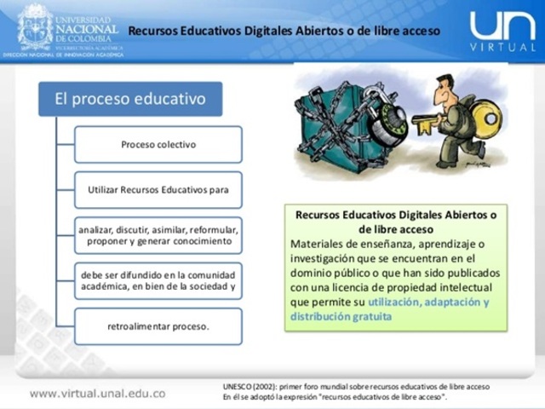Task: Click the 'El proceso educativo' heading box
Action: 130,99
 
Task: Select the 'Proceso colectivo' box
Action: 158,144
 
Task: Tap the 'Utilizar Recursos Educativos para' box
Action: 158,189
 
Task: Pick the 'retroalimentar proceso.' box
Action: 158,326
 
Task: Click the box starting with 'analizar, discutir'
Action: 158,235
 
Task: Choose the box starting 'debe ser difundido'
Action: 158,281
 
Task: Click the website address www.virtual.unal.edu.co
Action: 98,394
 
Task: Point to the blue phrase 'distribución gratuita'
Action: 341,316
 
